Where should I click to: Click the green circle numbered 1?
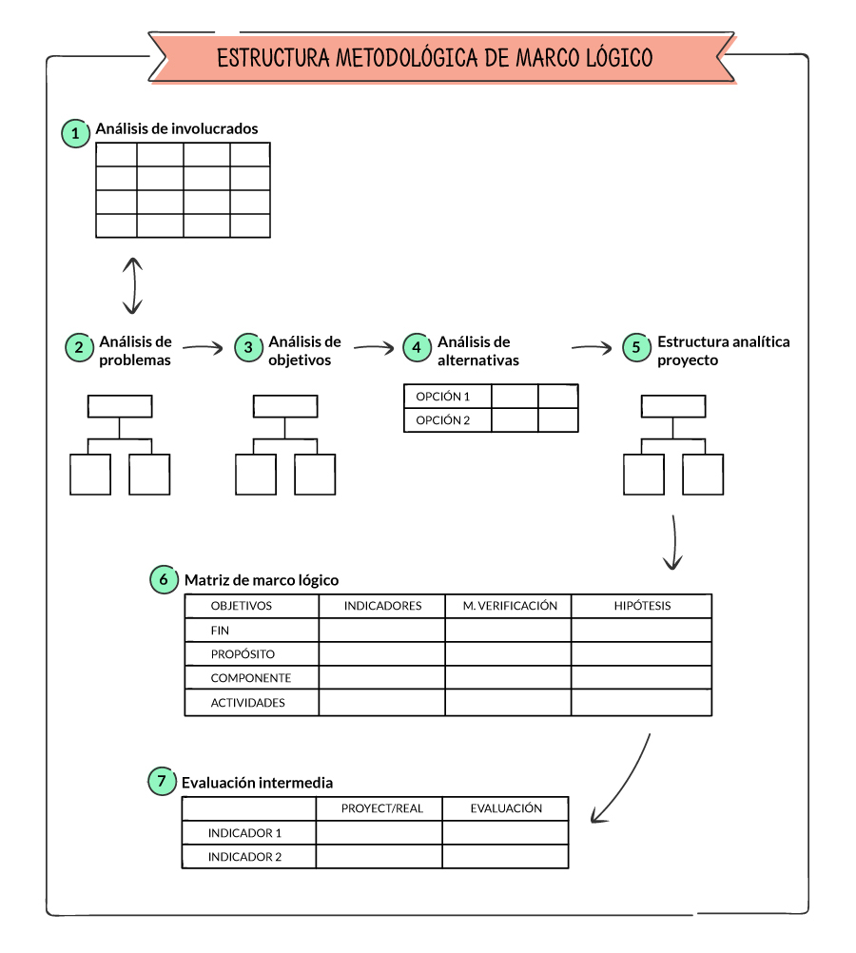click(x=75, y=133)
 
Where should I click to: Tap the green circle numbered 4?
click(x=416, y=347)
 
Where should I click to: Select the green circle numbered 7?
click(x=162, y=782)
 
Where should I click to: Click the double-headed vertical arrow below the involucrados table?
click(x=132, y=284)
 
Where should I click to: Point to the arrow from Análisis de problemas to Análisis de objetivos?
click(x=201, y=348)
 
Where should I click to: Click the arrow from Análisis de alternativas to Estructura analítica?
click(x=591, y=348)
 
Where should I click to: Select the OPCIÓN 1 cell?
click(x=443, y=396)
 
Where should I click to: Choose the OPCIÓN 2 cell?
click(x=443, y=420)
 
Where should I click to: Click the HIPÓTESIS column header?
click(x=642, y=606)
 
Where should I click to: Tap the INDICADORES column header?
click(x=382, y=606)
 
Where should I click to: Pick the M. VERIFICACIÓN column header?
click(x=510, y=606)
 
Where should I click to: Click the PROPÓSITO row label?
click(x=243, y=654)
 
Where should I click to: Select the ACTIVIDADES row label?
click(x=247, y=703)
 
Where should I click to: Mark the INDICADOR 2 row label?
click(x=245, y=857)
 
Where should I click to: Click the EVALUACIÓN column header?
click(x=506, y=808)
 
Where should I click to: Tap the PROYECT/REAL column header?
click(x=382, y=808)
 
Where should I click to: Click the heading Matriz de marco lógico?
click(x=261, y=580)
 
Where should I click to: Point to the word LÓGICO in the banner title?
click(x=614, y=58)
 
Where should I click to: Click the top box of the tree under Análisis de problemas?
click(x=120, y=406)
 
